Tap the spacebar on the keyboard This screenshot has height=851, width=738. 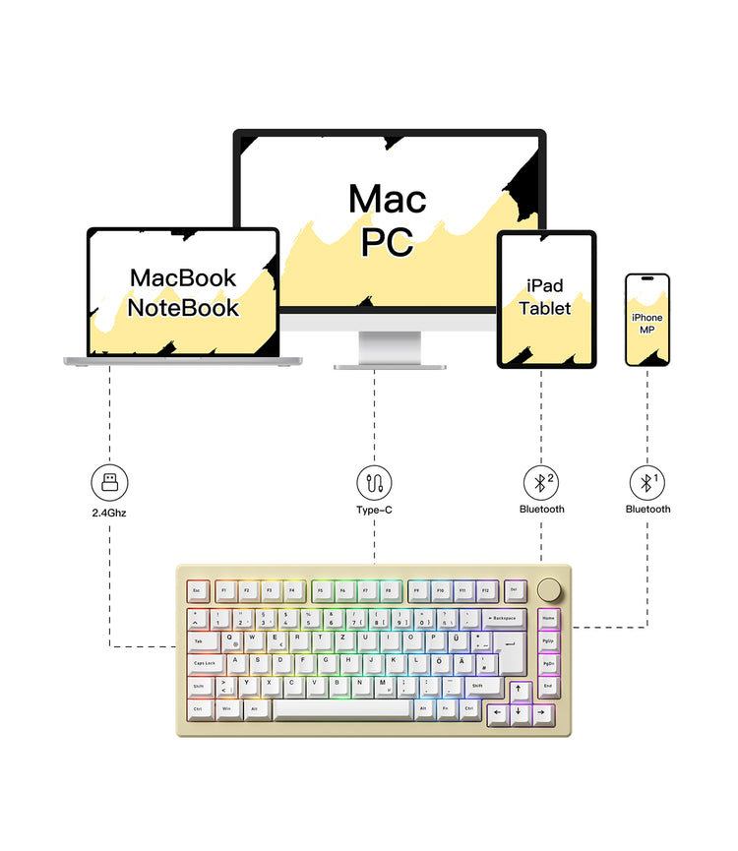[341, 708]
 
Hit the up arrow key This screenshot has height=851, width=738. [519, 688]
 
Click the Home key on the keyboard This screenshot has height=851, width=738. [548, 619]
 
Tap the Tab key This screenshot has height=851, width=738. [200, 641]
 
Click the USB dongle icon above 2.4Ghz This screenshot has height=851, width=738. [108, 483]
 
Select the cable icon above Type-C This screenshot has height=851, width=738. [374, 483]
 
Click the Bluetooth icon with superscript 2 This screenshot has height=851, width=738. [540, 483]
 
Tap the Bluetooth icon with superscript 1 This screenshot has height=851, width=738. [646, 483]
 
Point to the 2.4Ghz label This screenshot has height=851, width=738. [108, 510]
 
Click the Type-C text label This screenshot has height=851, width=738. [374, 510]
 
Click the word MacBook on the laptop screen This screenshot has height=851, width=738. [183, 277]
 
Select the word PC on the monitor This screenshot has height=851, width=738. [387, 241]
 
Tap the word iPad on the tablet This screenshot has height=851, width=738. [545, 285]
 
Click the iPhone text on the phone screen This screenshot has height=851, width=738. [646, 317]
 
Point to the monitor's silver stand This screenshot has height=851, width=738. [389, 348]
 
